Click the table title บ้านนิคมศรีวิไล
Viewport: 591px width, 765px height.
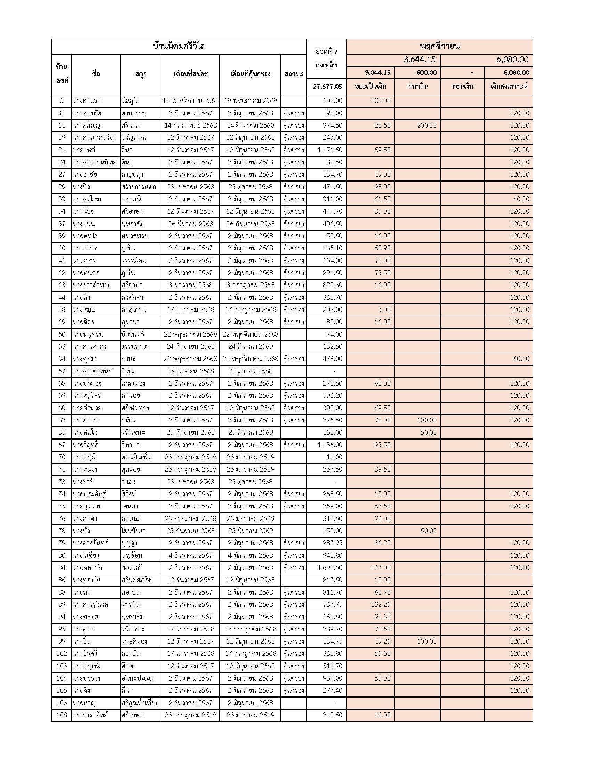[x=179, y=46]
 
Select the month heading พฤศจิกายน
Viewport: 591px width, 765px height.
[x=439, y=46]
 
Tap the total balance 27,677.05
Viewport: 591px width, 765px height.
[x=327, y=87]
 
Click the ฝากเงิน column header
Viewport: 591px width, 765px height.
[x=417, y=87]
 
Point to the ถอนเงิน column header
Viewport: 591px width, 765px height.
[x=462, y=87]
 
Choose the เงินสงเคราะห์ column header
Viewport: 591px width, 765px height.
[x=509, y=87]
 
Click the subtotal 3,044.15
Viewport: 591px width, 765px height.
[x=377, y=73]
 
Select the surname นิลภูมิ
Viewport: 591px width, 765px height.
[x=130, y=101]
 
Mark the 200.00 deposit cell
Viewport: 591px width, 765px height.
[x=427, y=126]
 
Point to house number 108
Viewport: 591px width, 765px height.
[x=62, y=715]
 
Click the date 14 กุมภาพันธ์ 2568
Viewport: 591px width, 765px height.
[x=191, y=126]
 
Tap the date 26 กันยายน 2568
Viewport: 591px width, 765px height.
[x=250, y=224]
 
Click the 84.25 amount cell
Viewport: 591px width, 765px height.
[x=382, y=543]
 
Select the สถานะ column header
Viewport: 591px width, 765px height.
[x=293, y=74]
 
